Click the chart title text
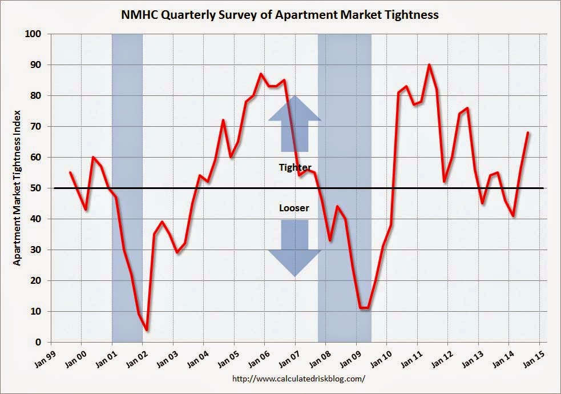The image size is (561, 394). [x=280, y=15]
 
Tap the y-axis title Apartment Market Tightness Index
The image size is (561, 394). [x=17, y=188]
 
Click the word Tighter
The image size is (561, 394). [x=294, y=167]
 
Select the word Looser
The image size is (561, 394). [x=294, y=208]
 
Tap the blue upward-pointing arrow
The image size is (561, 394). [x=294, y=123]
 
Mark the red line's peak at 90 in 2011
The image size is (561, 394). [x=429, y=65]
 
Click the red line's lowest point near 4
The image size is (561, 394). [x=147, y=330]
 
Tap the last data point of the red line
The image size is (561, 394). [x=528, y=132]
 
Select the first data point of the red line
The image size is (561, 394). [x=70, y=172]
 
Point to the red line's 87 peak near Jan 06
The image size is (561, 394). [x=261, y=74]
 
